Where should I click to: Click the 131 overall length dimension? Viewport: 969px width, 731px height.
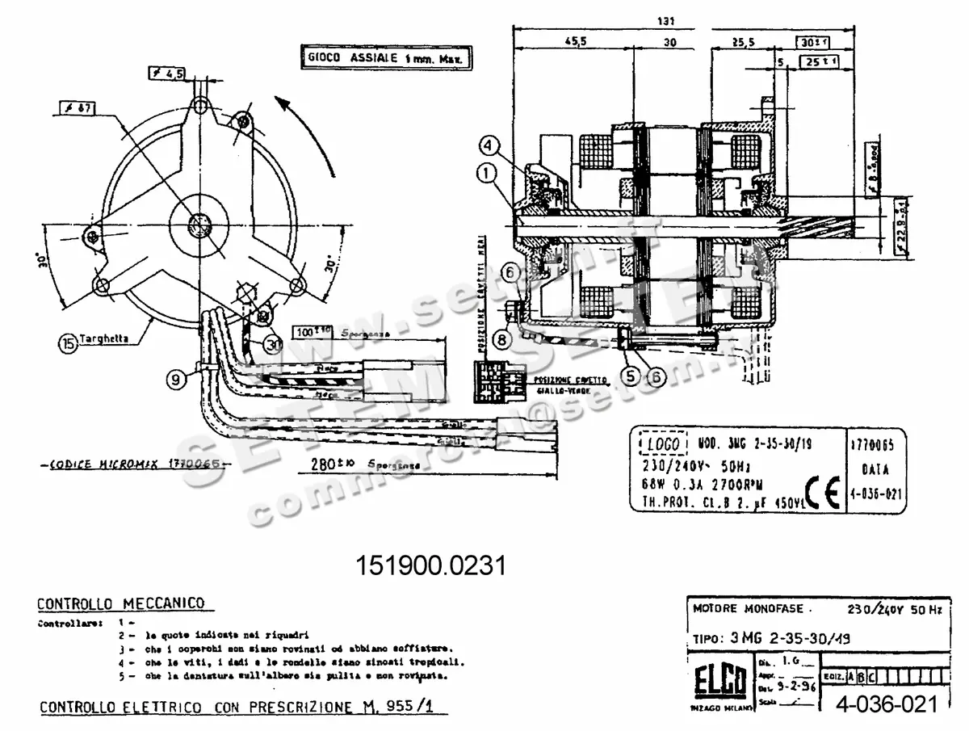click(666, 21)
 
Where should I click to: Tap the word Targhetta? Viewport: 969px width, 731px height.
click(107, 340)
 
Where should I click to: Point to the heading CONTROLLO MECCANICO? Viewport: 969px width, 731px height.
click(120, 603)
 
